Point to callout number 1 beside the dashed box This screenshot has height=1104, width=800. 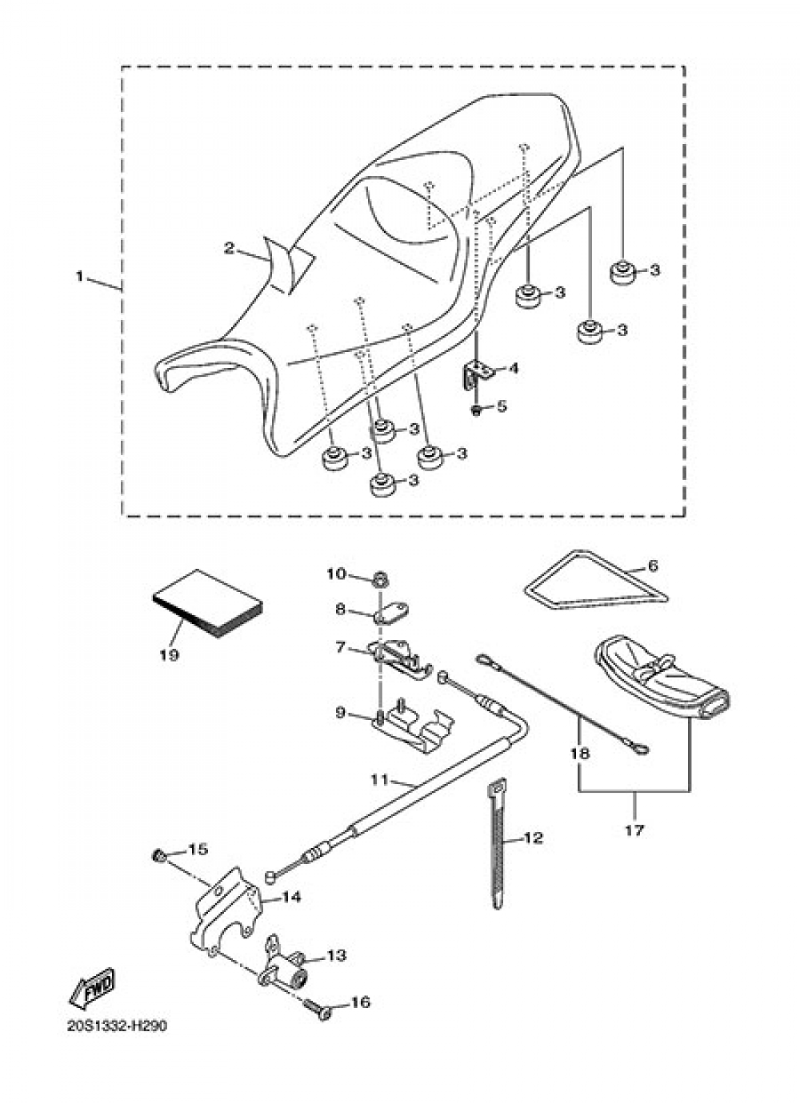pyautogui.click(x=79, y=277)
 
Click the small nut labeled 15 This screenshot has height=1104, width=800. pyautogui.click(x=158, y=856)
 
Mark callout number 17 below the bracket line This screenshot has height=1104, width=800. pyautogui.click(x=635, y=830)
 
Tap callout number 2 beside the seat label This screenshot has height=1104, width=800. pyautogui.click(x=229, y=248)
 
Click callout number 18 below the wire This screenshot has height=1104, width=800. pyautogui.click(x=580, y=754)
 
